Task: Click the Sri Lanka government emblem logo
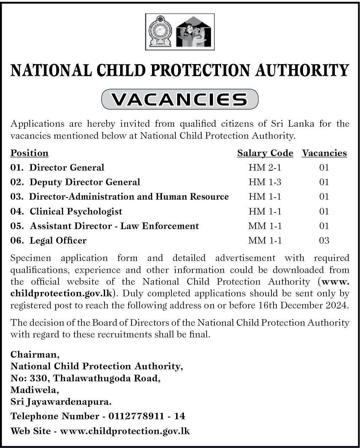click(160, 32)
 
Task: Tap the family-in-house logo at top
click(194, 32)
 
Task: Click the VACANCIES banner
click(180, 100)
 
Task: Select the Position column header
click(29, 153)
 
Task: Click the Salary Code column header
click(265, 153)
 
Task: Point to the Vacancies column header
click(324, 153)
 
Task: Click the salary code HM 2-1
click(265, 168)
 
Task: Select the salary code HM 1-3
click(265, 182)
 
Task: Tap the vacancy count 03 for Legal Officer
click(324, 240)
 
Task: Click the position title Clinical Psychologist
click(76, 211)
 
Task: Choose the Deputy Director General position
click(85, 182)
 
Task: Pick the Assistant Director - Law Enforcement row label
click(114, 226)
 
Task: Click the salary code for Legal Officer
click(265, 240)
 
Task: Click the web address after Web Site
click(125, 431)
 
